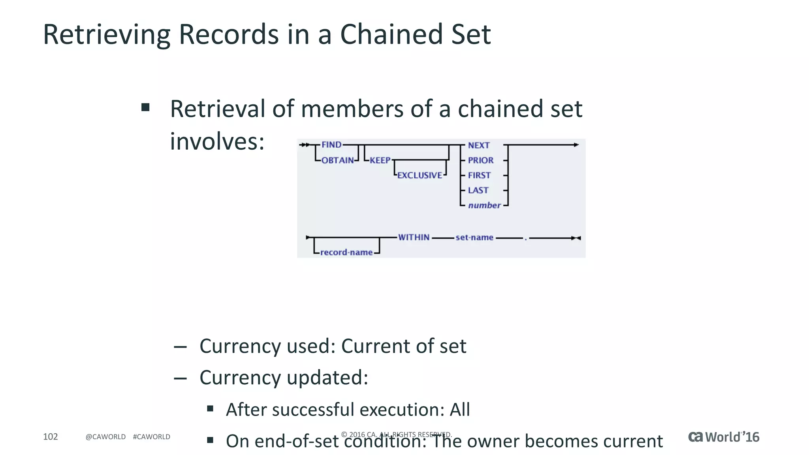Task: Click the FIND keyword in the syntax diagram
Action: pos(331,145)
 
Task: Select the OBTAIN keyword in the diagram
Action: pos(337,160)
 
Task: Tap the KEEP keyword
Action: pos(380,160)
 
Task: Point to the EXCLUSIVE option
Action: pos(420,175)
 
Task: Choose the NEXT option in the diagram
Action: pos(479,145)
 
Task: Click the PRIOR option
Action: pos(481,160)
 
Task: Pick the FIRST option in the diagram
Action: pos(479,175)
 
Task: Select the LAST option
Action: pos(478,190)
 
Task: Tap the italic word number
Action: pos(484,205)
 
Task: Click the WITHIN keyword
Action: pos(414,237)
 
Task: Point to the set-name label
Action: pos(474,238)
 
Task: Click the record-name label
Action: pos(346,252)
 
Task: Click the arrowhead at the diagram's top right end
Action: pos(576,145)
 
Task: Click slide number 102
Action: pos(50,437)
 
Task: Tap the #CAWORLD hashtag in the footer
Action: pos(152,437)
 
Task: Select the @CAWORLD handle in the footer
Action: pos(105,437)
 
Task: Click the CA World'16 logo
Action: pos(724,437)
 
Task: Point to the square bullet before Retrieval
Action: pos(145,107)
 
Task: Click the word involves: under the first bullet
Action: pos(217,141)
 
